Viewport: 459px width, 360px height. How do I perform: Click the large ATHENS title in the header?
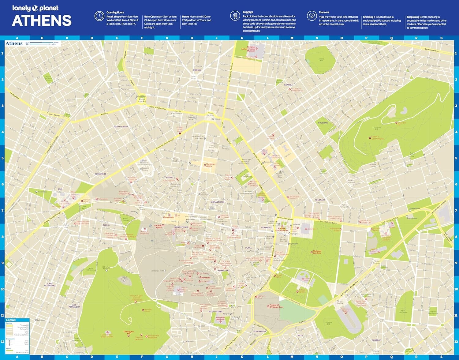(42, 21)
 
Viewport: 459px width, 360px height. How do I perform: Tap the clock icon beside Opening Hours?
(99, 16)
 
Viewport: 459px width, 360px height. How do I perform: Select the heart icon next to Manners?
(312, 16)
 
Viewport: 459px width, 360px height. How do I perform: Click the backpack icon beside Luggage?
(235, 16)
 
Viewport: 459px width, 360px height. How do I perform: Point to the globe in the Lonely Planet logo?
(35, 8)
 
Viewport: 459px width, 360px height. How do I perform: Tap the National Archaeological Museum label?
(248, 49)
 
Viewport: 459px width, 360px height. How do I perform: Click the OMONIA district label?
(197, 70)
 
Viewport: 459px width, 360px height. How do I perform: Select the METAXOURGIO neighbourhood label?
(121, 126)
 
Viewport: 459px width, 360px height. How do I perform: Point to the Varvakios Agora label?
(211, 165)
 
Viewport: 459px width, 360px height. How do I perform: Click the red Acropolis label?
(206, 278)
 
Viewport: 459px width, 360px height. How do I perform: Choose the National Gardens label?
(317, 252)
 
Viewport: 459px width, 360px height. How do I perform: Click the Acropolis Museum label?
(220, 318)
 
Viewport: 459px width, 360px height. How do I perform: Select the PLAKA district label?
(248, 248)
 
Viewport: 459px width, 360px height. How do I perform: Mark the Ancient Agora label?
(159, 227)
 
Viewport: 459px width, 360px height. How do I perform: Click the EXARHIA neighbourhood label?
(288, 85)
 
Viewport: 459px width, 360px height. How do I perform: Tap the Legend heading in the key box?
(11, 320)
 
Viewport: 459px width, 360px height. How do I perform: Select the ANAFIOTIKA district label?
(224, 270)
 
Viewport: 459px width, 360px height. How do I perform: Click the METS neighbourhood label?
(300, 335)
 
